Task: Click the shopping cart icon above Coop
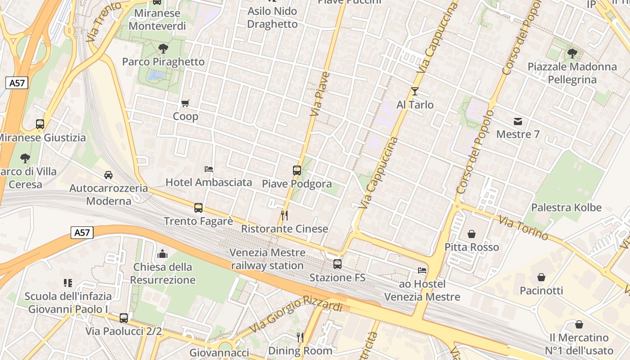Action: (185, 103)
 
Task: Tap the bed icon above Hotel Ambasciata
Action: (209, 169)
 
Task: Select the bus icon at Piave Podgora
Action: (297, 171)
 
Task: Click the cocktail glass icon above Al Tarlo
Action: (415, 91)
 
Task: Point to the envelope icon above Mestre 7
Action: (518, 121)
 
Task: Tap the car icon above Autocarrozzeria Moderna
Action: (108, 175)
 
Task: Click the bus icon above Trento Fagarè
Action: (198, 208)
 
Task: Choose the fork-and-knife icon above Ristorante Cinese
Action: (284, 215)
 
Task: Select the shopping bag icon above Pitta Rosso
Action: (472, 234)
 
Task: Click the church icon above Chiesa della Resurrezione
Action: (162, 254)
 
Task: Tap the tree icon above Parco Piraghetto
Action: (163, 48)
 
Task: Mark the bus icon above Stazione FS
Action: (337, 264)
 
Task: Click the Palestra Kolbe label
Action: (566, 207)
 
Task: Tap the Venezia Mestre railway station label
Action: (267, 259)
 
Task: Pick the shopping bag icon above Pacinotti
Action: (541, 277)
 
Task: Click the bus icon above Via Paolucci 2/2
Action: (124, 318)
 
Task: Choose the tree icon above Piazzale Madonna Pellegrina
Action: (572, 54)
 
